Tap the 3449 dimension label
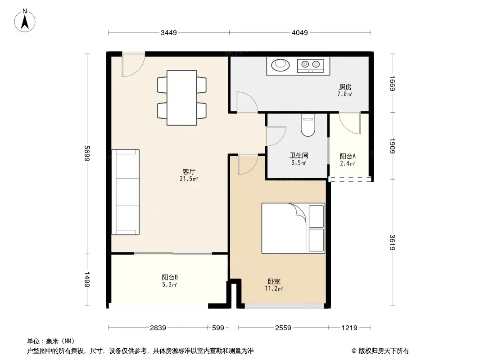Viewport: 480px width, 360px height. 169,32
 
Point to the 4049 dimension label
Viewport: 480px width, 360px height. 299,32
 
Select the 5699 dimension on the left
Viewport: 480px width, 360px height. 87,153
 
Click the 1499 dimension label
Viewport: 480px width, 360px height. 87,280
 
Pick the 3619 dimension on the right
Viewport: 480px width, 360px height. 393,243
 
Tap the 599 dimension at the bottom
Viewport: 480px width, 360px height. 218,328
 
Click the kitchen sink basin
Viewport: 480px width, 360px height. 281,66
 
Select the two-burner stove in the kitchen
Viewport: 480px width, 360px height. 311,66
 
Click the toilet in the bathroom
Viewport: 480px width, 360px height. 308,126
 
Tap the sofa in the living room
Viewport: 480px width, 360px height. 126,192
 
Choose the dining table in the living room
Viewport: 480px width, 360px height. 181,97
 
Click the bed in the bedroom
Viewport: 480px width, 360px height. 293,228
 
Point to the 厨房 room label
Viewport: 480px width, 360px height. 345,87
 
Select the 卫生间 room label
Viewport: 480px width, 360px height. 299,156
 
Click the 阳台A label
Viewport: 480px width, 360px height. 348,156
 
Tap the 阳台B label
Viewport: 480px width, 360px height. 170,278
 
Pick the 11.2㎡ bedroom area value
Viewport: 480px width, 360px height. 274,288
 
